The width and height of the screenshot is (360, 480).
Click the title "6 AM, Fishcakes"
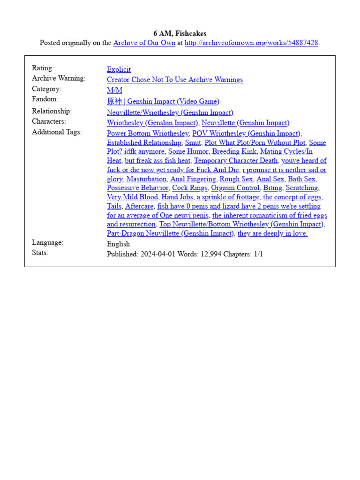(180, 33)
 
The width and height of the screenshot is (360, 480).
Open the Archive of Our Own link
(144, 43)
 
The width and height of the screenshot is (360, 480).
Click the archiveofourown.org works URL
(251, 43)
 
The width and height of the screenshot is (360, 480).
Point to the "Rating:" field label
(43, 68)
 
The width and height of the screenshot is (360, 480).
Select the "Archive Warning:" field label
(59, 78)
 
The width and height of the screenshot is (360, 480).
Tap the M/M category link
(114, 90)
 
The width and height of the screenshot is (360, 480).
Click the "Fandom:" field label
(45, 99)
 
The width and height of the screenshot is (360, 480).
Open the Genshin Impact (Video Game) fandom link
(163, 101)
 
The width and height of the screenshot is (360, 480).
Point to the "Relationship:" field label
(52, 112)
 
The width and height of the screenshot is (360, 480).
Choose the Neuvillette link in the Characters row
(245, 123)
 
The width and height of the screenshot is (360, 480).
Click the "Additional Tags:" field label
(57, 132)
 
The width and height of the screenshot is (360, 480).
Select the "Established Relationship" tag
(144, 142)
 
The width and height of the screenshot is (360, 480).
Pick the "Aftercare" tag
(139, 206)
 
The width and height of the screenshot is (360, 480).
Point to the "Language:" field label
(47, 243)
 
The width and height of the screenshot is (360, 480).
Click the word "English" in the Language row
(118, 244)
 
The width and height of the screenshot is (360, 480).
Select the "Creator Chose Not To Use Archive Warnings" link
(174, 80)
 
